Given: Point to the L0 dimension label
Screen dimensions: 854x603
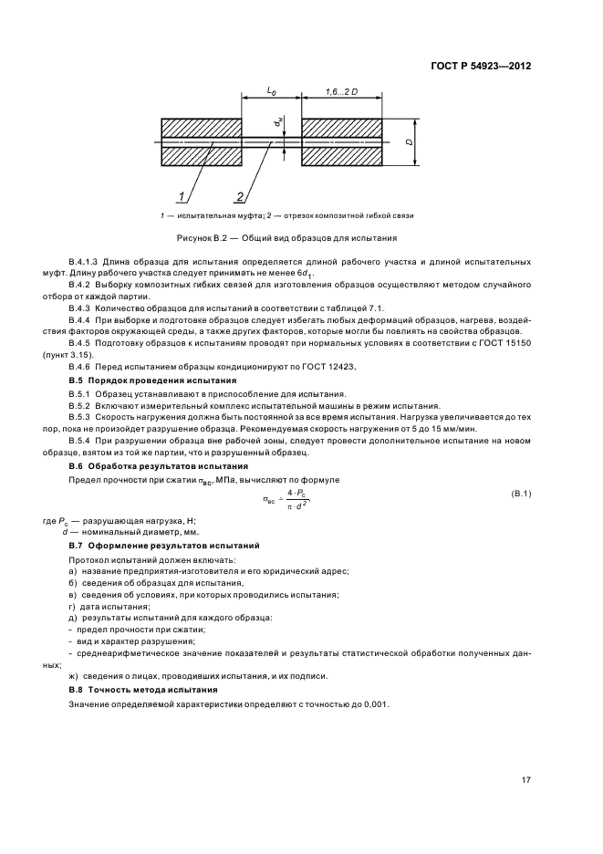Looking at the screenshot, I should click(x=271, y=92).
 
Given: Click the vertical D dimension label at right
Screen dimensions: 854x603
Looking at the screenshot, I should click(x=410, y=142).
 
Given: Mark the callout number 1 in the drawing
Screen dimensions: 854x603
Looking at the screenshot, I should click(x=182, y=196).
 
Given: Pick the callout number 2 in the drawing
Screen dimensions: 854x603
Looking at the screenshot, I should click(x=240, y=196).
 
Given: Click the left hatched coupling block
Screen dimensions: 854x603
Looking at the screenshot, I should click(x=201, y=142).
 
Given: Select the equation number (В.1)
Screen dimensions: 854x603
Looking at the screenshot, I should click(x=520, y=494).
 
